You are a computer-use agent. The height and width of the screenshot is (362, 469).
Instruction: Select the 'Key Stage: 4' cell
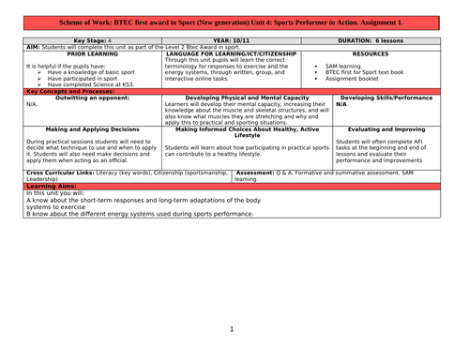point(90,41)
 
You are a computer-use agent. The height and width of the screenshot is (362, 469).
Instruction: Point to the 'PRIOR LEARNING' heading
point(90,53)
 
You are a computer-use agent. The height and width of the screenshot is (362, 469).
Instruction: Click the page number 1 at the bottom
point(232,329)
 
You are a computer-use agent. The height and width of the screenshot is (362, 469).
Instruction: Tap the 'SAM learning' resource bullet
point(346,67)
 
